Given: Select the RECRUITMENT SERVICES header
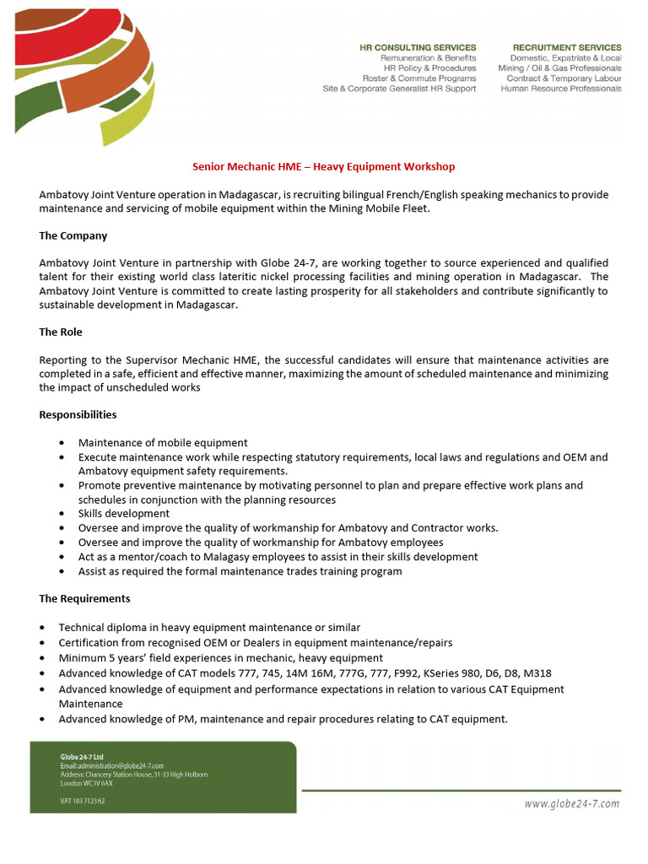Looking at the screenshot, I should [x=566, y=47].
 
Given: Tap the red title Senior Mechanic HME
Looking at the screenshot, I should [x=324, y=167].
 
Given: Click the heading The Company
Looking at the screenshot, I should [x=73, y=235].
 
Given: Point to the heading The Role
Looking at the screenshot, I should [x=61, y=332].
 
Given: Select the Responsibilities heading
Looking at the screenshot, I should [x=78, y=414].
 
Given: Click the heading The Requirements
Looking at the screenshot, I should [x=84, y=598].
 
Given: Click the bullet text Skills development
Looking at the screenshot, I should [x=124, y=514].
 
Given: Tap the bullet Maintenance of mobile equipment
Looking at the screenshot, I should [x=163, y=443].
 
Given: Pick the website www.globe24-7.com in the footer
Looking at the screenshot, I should [x=571, y=803].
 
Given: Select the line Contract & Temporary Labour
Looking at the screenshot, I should [x=564, y=78].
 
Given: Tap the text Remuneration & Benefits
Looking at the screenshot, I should [x=428, y=58].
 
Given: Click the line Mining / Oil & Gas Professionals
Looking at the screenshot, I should [x=559, y=68].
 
